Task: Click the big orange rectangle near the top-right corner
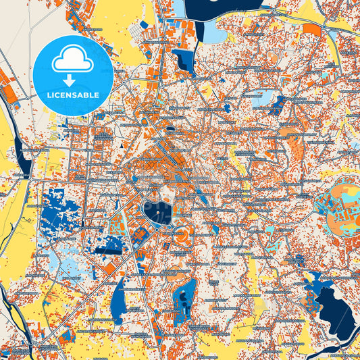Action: coord(312,29)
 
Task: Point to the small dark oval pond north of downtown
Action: coord(170,128)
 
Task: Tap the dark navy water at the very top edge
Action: coord(230,5)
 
